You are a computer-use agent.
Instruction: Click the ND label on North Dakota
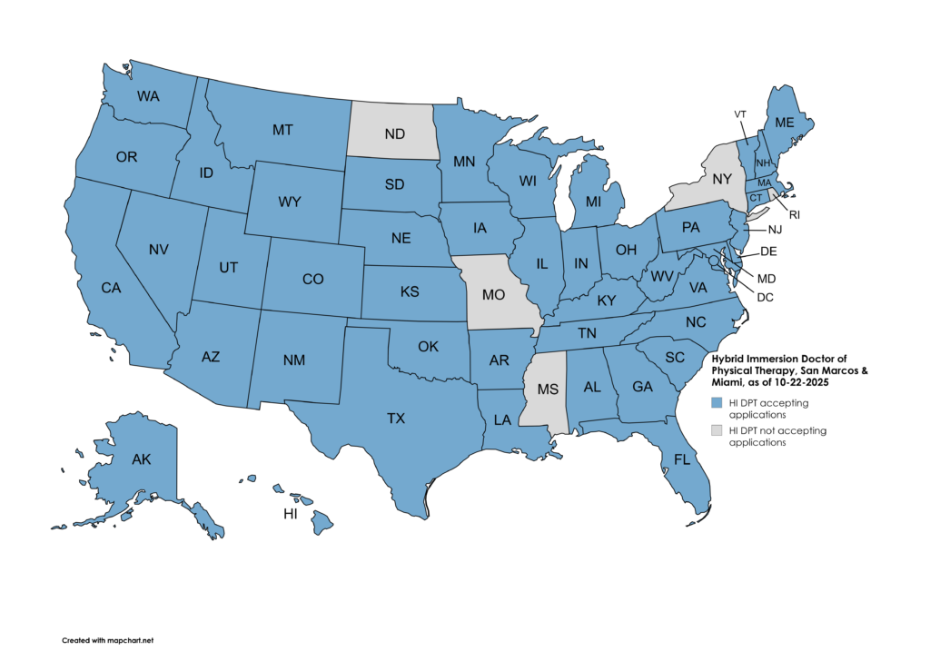[394, 134]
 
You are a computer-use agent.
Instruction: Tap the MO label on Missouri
[494, 295]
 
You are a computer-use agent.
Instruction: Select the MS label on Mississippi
[548, 390]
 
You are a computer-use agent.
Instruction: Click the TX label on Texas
[396, 419]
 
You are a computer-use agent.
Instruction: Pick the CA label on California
[111, 288]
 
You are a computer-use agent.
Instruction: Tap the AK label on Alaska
[141, 459]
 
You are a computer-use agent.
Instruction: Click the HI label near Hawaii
[291, 514]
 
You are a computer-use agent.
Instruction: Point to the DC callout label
[766, 297]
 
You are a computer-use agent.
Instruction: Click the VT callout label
[740, 113]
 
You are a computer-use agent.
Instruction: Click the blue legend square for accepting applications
[717, 402]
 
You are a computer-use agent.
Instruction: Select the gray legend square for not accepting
[717, 430]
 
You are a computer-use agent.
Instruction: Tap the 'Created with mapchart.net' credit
[101, 639]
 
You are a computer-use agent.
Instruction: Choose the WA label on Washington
[149, 95]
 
